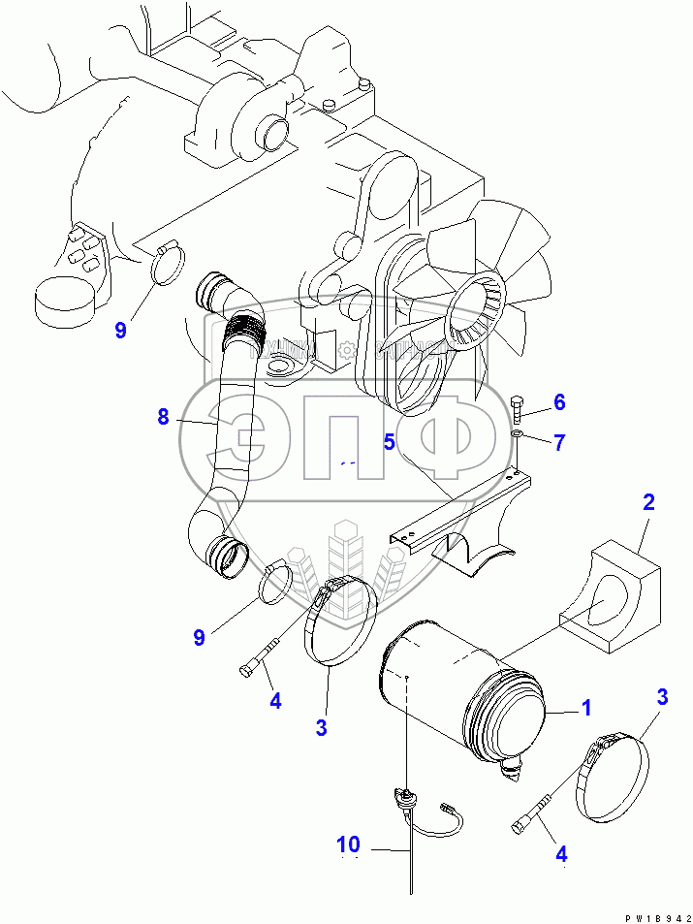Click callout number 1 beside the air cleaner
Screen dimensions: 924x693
[585, 709]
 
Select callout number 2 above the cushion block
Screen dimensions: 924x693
[648, 502]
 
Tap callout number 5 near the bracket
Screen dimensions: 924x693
[389, 442]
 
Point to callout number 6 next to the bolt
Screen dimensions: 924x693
[558, 401]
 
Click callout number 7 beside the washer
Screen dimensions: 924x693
[558, 442]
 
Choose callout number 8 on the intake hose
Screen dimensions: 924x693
[163, 417]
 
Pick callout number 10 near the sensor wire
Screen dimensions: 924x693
[348, 845]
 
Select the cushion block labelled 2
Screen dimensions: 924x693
[611, 601]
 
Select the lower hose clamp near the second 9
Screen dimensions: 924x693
[276, 582]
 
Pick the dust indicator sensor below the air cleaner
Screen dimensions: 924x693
[403, 797]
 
